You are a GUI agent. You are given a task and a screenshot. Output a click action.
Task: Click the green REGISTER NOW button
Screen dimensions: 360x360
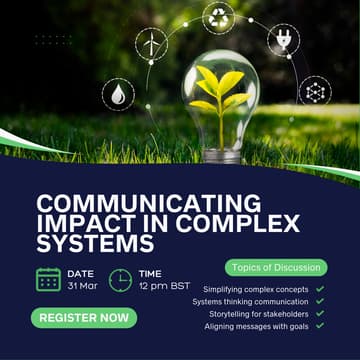[x=85, y=319]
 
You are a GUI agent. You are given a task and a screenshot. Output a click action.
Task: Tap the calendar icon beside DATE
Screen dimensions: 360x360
[x=48, y=279]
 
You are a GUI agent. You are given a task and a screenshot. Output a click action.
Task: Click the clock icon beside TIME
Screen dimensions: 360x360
[x=120, y=279]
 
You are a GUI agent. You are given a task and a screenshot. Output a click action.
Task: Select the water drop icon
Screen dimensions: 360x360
[x=118, y=95]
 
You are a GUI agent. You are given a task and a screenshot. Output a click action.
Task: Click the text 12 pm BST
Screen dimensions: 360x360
[x=163, y=287]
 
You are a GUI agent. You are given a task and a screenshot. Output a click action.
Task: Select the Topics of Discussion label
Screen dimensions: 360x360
[x=275, y=267]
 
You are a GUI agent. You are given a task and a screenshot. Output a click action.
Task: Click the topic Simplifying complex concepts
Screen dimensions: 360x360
[x=254, y=289]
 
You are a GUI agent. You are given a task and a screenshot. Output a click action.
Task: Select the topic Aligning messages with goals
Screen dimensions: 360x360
[x=257, y=326]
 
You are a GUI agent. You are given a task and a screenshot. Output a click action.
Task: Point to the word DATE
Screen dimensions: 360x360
[x=81, y=272]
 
